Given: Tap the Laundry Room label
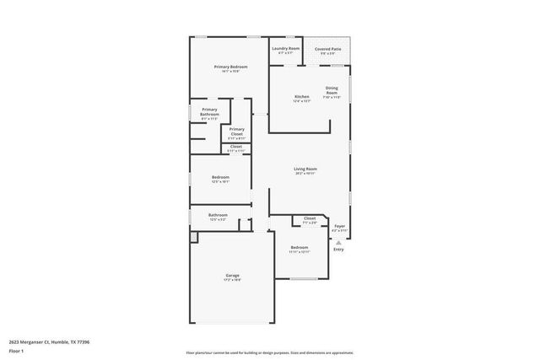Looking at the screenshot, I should coord(285,49).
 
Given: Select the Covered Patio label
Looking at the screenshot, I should coord(328,49).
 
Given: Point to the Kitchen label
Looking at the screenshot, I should coord(301,97).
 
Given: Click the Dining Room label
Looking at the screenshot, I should coord(332,91).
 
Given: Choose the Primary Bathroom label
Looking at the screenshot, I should coord(209,113).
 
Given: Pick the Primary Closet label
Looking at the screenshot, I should coord(236,132).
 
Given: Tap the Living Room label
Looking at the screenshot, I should coord(305,169).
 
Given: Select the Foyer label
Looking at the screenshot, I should coord(340,226).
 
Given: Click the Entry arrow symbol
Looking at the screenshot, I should coord(339,242).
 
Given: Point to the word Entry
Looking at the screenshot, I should coord(338,249).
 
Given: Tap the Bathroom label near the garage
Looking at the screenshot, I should coord(218,215).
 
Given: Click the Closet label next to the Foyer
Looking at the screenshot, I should coord(310,218).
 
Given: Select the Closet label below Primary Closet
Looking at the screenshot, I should coord(236,147).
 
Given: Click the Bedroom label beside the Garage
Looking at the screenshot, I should coord(300,247).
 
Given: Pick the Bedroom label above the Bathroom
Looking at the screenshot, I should coord(220,177).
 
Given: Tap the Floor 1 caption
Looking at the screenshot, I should coord(16,350).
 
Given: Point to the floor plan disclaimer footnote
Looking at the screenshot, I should coord(270,352).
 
